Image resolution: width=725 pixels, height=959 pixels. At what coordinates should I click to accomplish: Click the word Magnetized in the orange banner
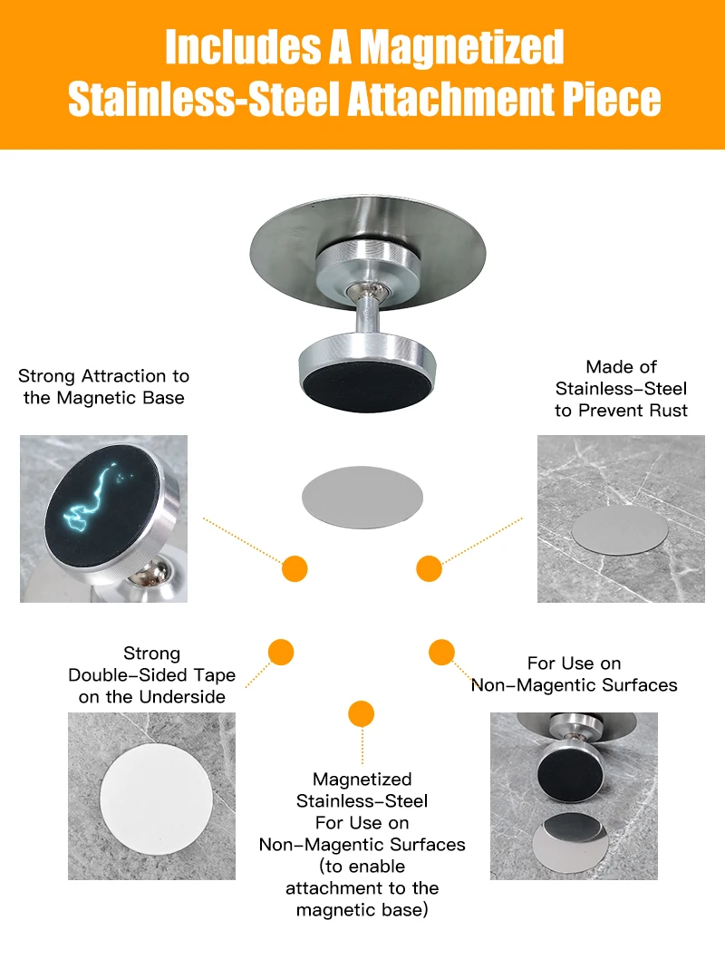(x=461, y=47)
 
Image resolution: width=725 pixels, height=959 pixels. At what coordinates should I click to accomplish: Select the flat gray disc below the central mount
(x=362, y=498)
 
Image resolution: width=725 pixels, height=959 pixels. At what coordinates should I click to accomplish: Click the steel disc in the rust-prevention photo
(x=620, y=529)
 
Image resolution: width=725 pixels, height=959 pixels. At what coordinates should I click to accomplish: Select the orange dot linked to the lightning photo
(x=295, y=569)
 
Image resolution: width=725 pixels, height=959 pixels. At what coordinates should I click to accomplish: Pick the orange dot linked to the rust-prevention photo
(x=430, y=569)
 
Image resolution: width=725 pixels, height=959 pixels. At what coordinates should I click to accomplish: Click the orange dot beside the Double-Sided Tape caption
(x=281, y=652)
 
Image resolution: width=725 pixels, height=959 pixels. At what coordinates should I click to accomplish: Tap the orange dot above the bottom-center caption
(x=362, y=713)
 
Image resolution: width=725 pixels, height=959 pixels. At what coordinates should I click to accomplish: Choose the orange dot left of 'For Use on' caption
(x=441, y=652)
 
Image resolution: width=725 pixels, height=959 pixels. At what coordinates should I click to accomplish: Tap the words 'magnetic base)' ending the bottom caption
(x=362, y=910)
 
